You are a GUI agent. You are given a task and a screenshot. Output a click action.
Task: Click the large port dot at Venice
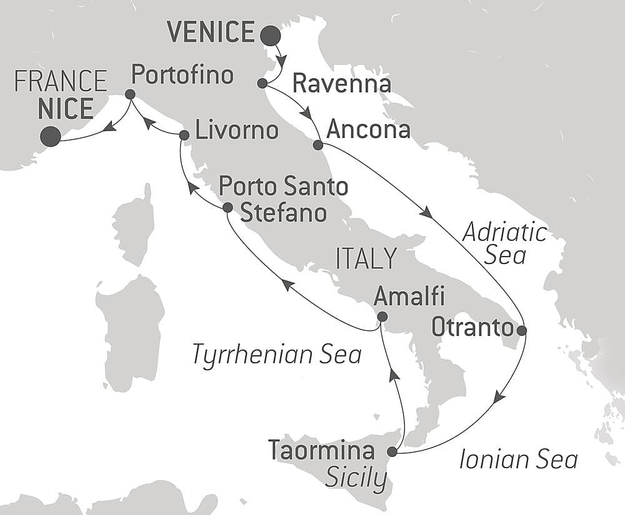(271, 36)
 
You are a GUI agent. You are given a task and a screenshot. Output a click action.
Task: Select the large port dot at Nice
(50, 137)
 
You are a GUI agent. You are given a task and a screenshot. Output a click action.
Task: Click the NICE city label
(65, 109)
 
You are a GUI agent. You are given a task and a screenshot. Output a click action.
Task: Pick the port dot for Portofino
(130, 94)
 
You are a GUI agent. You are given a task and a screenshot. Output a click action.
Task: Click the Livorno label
(236, 131)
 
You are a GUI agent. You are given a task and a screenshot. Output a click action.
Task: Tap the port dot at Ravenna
(262, 83)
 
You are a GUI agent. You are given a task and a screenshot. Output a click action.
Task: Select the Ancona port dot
(317, 145)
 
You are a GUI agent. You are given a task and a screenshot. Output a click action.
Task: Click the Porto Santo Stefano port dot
(227, 207)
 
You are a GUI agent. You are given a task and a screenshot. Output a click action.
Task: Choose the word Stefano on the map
(284, 212)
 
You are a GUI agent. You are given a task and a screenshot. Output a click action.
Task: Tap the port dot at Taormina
(392, 451)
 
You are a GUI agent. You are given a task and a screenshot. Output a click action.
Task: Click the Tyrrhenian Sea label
(277, 355)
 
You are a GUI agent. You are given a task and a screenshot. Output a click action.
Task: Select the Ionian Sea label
(518, 460)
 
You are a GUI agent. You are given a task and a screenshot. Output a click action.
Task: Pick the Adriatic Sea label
(504, 244)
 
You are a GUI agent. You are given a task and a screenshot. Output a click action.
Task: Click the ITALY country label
(366, 257)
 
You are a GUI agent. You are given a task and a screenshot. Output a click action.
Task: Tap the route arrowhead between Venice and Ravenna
(282, 61)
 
